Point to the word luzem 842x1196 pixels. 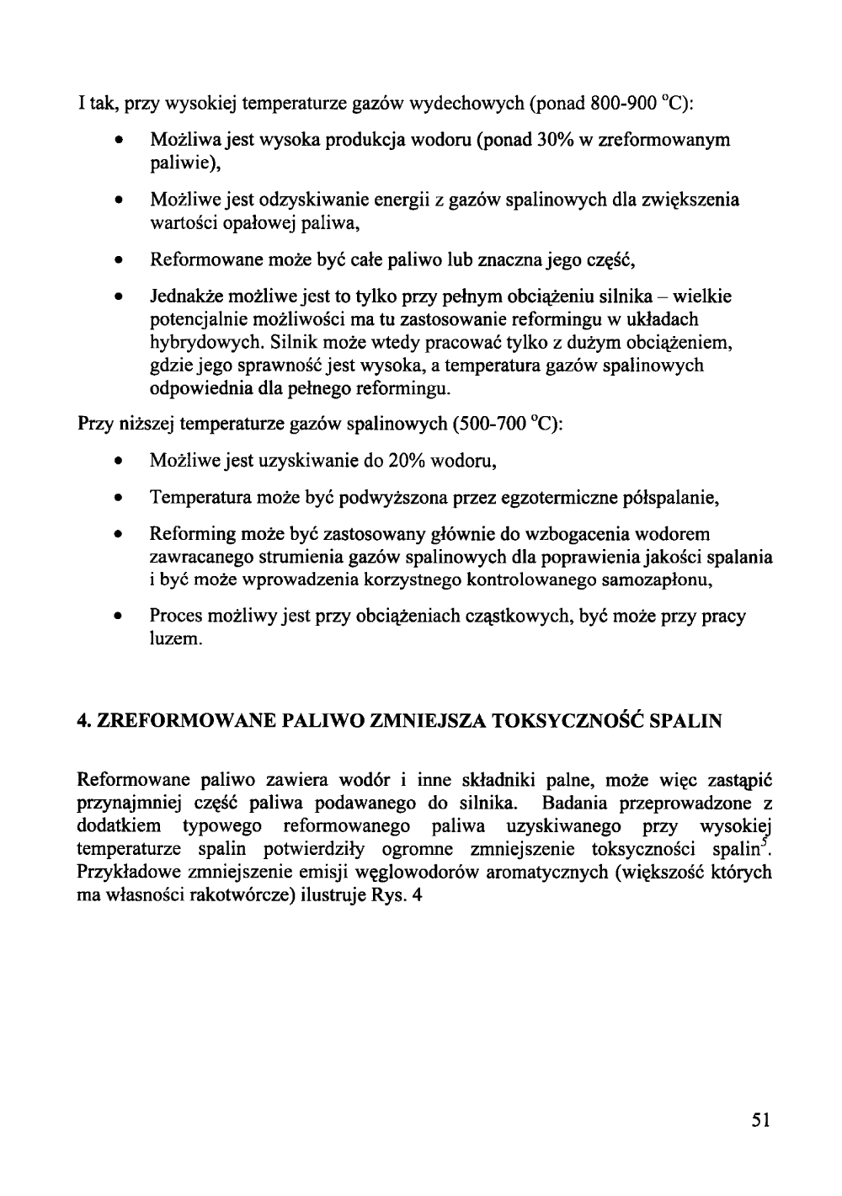coord(176,639)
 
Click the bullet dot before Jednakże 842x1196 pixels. coord(121,298)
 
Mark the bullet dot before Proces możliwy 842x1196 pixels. coord(121,617)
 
